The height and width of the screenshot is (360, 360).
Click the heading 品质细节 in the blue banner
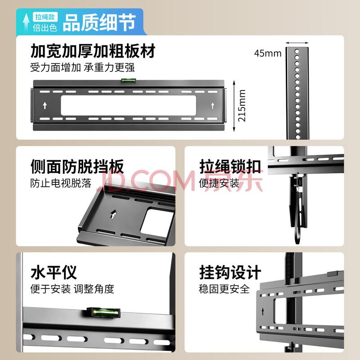pyautogui.click(x=99, y=22)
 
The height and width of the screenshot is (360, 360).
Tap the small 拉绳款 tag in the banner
pyautogui.click(x=45, y=17)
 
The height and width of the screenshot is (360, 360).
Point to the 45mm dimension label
pyautogui.click(x=268, y=53)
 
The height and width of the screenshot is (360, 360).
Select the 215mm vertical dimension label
pyautogui.click(x=242, y=106)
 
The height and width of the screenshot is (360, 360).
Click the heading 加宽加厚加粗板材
pyautogui.click(x=93, y=51)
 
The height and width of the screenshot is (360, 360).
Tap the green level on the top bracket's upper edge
pyautogui.click(x=129, y=81)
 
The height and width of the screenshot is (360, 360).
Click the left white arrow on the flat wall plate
pyautogui.click(x=45, y=105)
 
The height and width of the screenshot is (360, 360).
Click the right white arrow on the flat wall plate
pyautogui.click(x=213, y=105)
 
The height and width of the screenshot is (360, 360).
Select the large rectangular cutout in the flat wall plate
pyautogui.click(x=129, y=105)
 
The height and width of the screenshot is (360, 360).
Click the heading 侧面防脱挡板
pyautogui.click(x=77, y=166)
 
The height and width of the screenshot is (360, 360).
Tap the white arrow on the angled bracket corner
pyautogui.click(x=113, y=214)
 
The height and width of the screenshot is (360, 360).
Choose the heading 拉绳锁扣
pyautogui.click(x=230, y=166)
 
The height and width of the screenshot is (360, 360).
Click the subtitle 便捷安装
pyautogui.click(x=219, y=183)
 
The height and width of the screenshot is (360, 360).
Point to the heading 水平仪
pyautogui.click(x=54, y=272)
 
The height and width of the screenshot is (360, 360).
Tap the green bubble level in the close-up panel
pyautogui.click(x=103, y=313)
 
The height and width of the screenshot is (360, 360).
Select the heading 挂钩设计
pyautogui.click(x=230, y=272)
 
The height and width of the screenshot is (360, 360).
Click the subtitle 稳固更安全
pyautogui.click(x=224, y=289)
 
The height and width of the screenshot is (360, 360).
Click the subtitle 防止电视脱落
pyautogui.click(x=61, y=183)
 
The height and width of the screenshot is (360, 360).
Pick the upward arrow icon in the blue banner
pyautogui.click(x=26, y=22)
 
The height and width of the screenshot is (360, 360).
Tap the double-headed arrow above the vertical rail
pyautogui.click(x=297, y=43)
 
